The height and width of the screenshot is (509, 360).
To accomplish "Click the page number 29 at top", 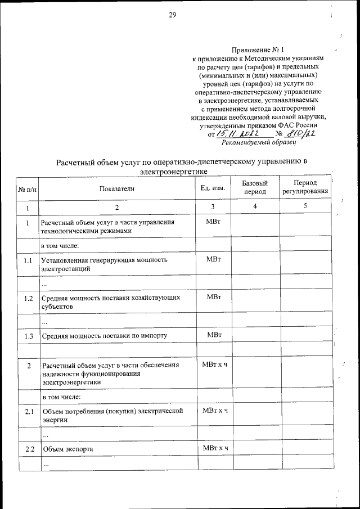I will point(173,15).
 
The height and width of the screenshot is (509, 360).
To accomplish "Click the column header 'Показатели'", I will point(117,188).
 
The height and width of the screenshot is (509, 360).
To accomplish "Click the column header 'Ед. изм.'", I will point(213,188).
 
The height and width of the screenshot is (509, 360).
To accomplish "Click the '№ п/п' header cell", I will point(28,189).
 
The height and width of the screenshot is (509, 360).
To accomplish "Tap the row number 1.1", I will point(28,260).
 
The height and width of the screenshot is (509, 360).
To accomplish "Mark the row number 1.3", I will point(28,336).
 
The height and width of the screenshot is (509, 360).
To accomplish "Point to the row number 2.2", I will point(28,449).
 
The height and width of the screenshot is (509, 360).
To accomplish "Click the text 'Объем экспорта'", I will point(67,449).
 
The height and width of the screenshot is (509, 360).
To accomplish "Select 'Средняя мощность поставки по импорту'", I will point(104,336).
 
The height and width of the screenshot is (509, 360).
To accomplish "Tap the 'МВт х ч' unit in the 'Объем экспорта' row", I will point(214,448).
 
